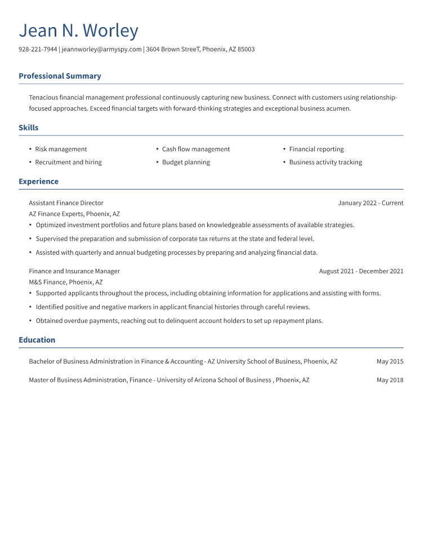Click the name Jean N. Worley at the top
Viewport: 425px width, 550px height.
click(78, 30)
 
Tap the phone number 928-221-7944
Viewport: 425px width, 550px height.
click(38, 49)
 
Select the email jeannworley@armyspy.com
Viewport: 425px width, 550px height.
click(101, 49)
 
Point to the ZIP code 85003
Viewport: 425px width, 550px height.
click(246, 49)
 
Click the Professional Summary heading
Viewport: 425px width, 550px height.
click(60, 76)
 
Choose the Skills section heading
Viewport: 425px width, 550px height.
click(29, 128)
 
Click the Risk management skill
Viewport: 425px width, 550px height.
click(61, 149)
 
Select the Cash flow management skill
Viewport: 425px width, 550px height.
click(196, 149)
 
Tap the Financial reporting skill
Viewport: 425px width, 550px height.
click(316, 149)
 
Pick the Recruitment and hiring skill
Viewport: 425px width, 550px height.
click(68, 162)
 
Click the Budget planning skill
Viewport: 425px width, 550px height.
click(186, 162)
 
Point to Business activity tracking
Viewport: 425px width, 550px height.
click(325, 162)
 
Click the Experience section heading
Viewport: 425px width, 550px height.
click(38, 182)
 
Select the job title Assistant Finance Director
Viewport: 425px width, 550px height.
click(66, 203)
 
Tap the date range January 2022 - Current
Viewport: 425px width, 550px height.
click(370, 203)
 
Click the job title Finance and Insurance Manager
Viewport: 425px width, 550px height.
click(74, 271)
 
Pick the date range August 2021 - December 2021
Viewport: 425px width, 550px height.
click(361, 271)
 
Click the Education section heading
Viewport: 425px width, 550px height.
click(37, 340)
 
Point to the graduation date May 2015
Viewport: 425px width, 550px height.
click(390, 362)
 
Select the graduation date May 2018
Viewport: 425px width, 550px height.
click(390, 380)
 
